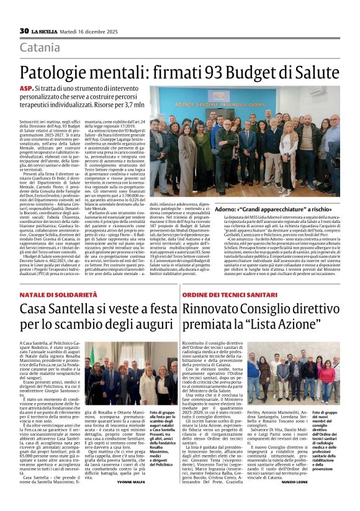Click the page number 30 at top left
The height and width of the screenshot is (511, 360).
tap(24, 31)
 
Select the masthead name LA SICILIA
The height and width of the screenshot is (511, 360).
tap(46, 31)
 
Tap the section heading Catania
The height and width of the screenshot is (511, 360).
tap(40, 48)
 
